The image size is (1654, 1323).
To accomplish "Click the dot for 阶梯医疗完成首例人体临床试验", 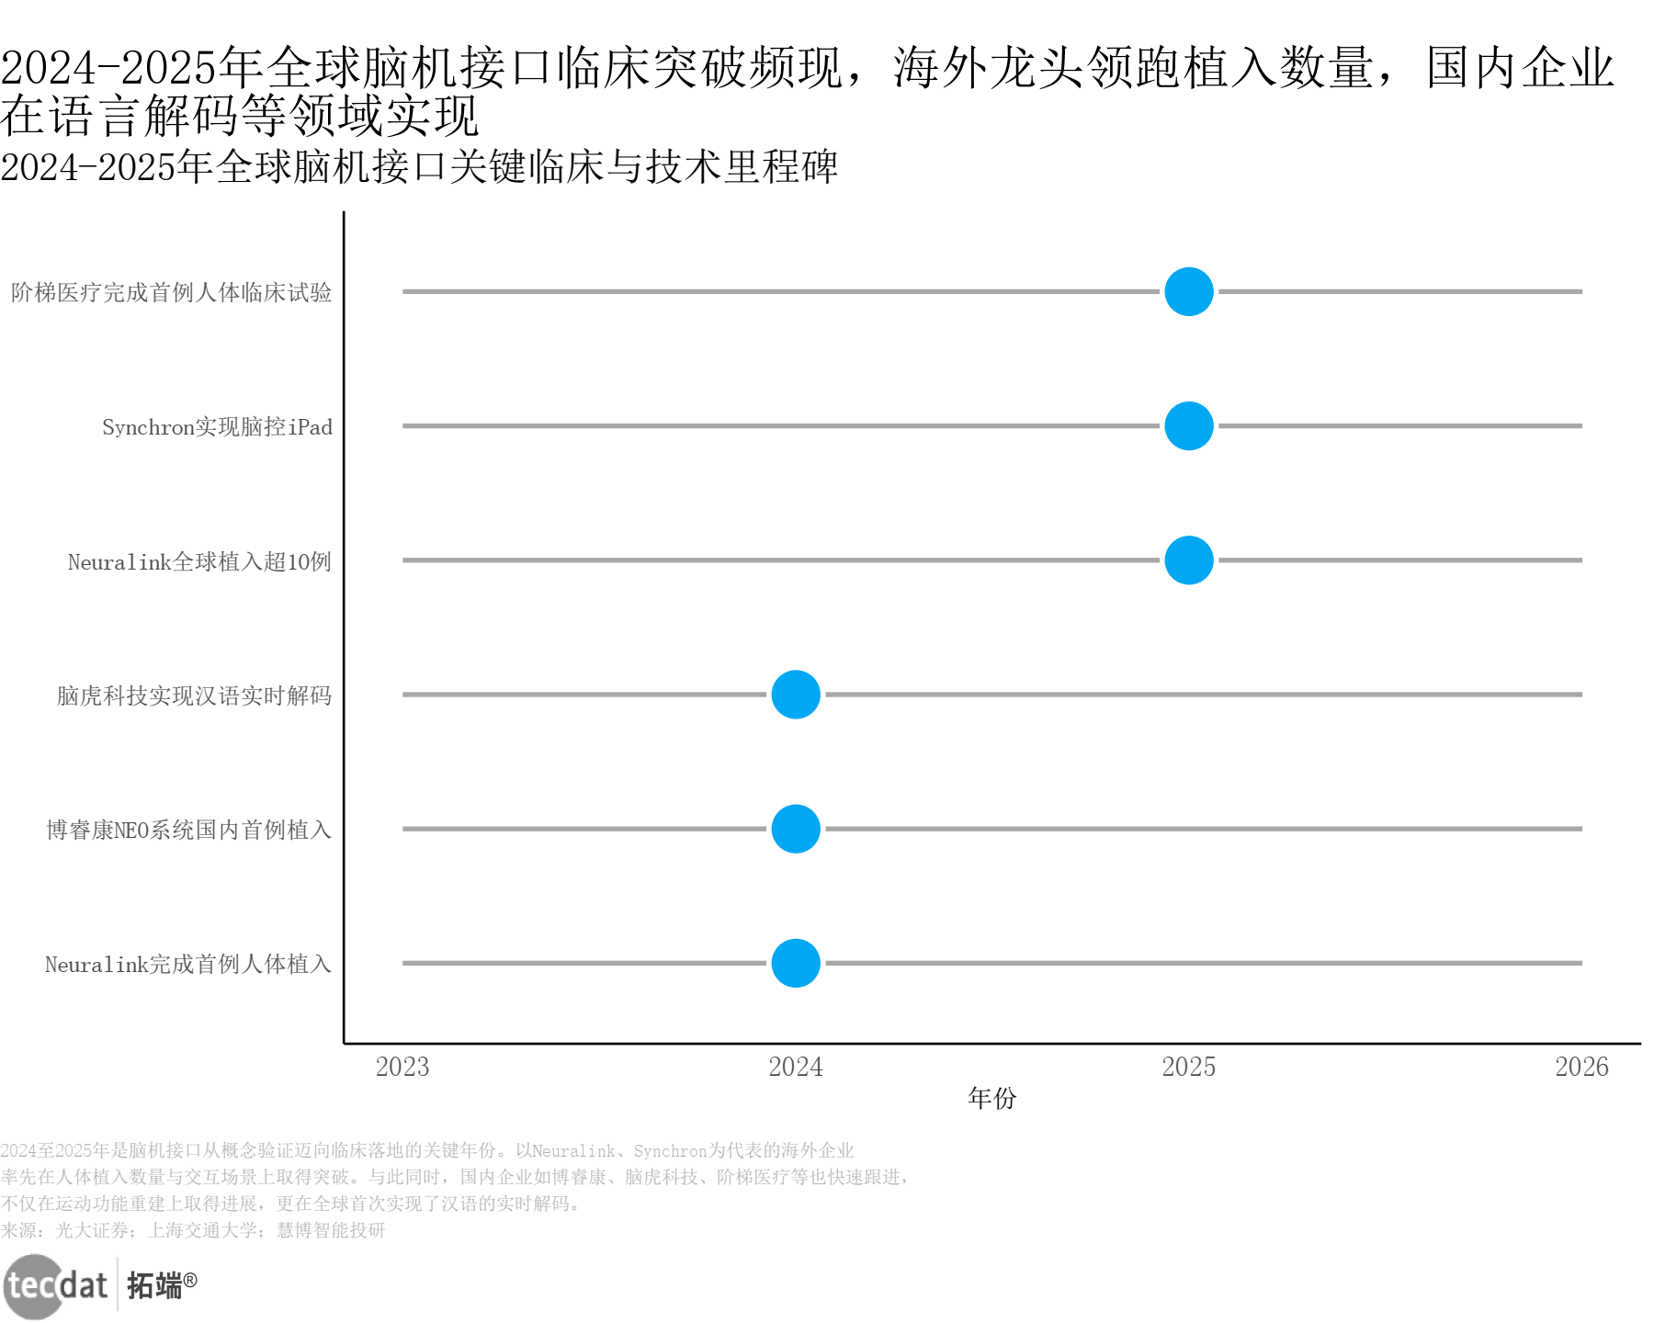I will (1189, 292).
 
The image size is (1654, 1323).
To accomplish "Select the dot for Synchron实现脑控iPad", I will (1189, 426).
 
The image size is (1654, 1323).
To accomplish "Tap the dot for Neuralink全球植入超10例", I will (1189, 560).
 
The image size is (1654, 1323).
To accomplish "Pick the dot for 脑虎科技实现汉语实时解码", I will (796, 695).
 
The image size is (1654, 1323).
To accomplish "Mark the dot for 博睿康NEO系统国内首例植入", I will (796, 829).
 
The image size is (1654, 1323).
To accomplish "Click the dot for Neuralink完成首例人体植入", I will (796, 963).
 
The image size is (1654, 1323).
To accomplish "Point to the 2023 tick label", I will (402, 1067).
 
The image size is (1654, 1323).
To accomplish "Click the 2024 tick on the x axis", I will (796, 1067).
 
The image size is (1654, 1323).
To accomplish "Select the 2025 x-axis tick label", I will (1189, 1067).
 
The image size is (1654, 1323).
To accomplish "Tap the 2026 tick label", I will (1581, 1067).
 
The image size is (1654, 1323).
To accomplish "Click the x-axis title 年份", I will (992, 1098).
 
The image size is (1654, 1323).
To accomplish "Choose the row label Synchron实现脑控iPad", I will (217, 427).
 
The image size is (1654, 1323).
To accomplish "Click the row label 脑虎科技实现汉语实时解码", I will (194, 695).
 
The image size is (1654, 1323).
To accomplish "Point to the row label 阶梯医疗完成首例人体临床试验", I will (171, 293).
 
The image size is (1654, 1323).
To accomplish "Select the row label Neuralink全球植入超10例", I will (199, 561).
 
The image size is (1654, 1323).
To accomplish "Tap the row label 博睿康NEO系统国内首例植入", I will (188, 830).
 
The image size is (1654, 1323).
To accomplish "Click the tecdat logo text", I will (57, 1284).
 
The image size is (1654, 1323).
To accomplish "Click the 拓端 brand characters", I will (154, 1285).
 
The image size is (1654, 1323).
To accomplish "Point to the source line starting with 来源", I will (193, 1230).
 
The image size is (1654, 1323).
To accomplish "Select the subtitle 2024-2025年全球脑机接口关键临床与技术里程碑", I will (419, 167).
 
